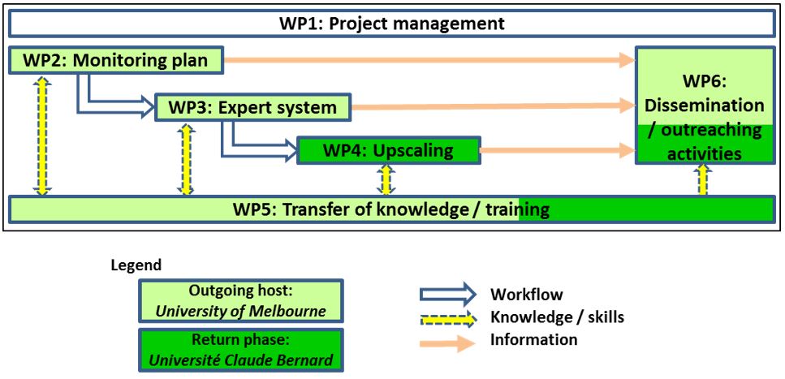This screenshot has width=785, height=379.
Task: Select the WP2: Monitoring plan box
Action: coord(114,60)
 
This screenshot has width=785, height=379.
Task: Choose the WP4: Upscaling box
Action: coord(388,150)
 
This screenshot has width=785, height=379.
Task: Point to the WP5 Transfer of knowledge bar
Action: coord(390,210)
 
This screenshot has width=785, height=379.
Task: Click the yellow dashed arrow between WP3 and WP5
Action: coord(187,159)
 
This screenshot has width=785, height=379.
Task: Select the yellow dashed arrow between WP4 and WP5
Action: coord(386,179)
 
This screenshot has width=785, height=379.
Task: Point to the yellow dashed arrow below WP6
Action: coord(703,180)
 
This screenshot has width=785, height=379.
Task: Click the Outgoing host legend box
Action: coord(240,301)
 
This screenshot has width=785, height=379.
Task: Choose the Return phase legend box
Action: coord(240,350)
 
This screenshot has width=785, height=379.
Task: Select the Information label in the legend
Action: coord(533,340)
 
